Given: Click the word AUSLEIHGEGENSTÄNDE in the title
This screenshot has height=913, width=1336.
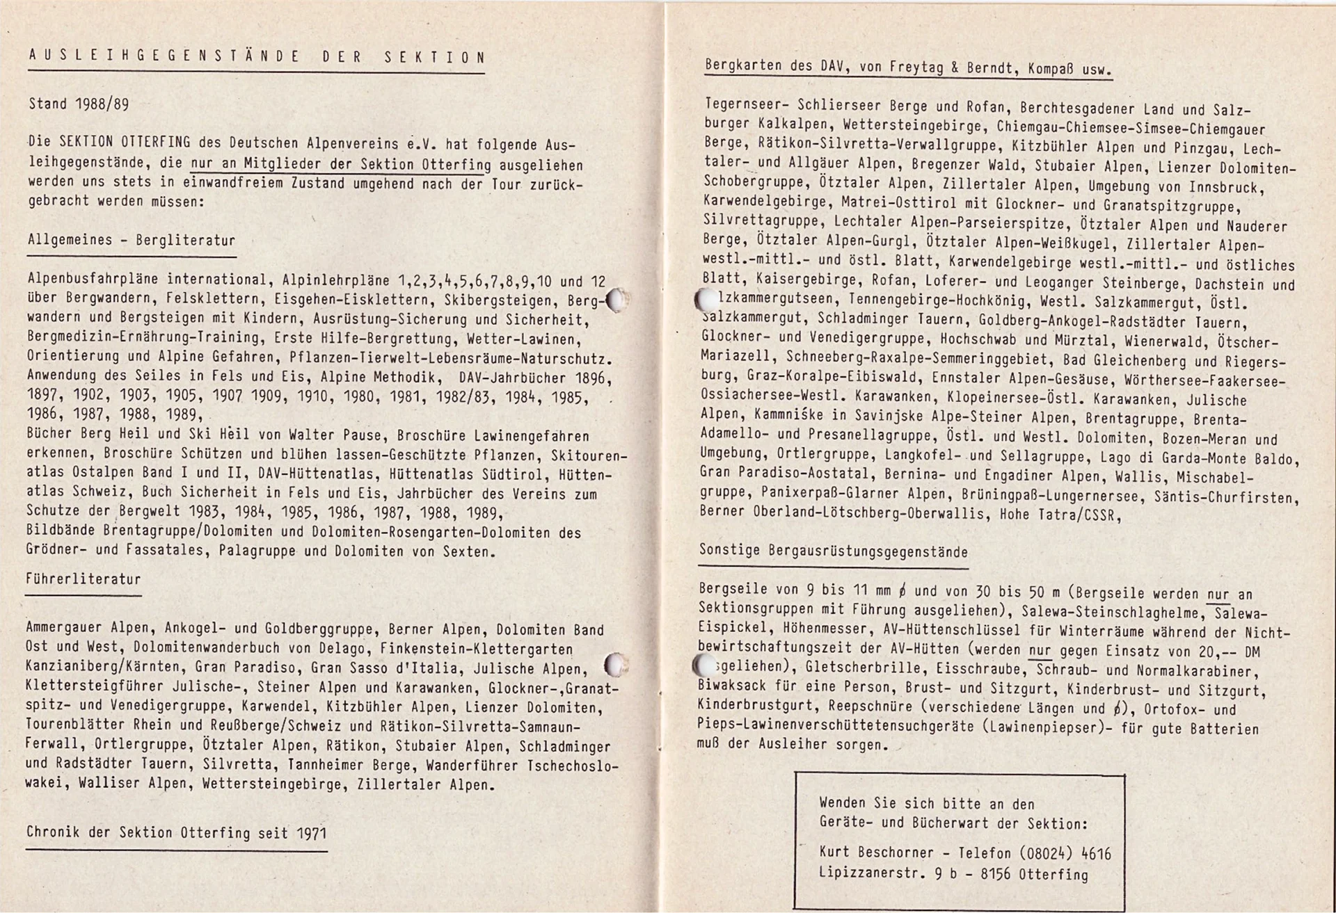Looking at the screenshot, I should click(164, 57).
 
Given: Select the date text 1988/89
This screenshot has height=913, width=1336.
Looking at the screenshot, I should click(102, 104).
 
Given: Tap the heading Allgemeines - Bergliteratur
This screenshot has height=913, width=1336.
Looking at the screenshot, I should click(132, 241).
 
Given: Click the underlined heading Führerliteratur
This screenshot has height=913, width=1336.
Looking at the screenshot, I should click(83, 579).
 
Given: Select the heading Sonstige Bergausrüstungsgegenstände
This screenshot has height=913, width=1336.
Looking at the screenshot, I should click(833, 551).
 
